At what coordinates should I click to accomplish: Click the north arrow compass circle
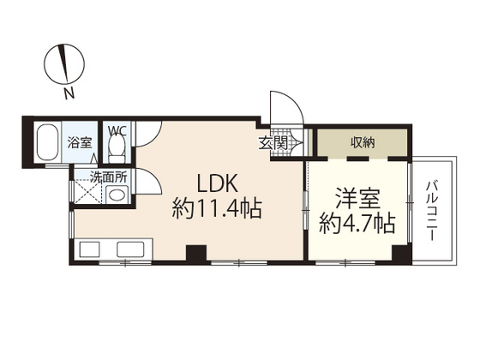click(x=66, y=63)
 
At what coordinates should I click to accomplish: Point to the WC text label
click(x=117, y=131)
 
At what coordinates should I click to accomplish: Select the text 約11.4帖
click(x=217, y=207)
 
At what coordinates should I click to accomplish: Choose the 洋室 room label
click(x=357, y=199)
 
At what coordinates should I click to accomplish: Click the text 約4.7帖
click(x=357, y=225)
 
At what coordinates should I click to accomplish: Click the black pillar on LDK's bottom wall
click(x=196, y=254)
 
